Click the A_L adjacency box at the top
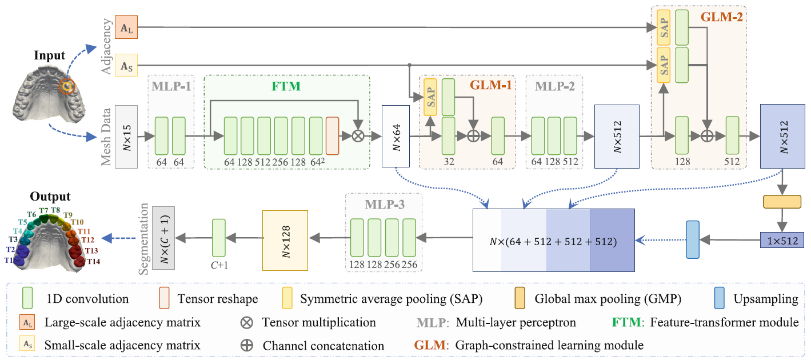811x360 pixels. click(126, 27)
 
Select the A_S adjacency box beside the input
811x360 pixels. click(126, 65)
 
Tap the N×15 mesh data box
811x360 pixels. click(126, 137)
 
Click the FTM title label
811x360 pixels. click(286, 86)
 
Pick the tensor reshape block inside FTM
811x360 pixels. click(333, 135)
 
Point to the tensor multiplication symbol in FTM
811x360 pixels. click(358, 136)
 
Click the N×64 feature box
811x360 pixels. click(395, 137)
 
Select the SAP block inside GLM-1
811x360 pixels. click(430, 97)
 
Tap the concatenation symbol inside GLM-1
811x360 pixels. click(473, 136)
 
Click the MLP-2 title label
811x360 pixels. click(554, 86)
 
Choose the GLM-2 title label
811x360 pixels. click(722, 17)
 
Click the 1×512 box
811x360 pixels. click(782, 240)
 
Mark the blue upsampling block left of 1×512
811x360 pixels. click(693, 239)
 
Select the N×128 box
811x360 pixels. click(285, 241)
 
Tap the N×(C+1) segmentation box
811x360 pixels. click(163, 238)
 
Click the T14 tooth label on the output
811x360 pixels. click(93, 261)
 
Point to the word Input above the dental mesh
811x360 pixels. click(49, 55)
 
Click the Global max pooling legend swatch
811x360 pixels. click(520, 298)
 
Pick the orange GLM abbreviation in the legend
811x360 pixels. click(431, 345)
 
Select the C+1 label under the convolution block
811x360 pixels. click(219, 265)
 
